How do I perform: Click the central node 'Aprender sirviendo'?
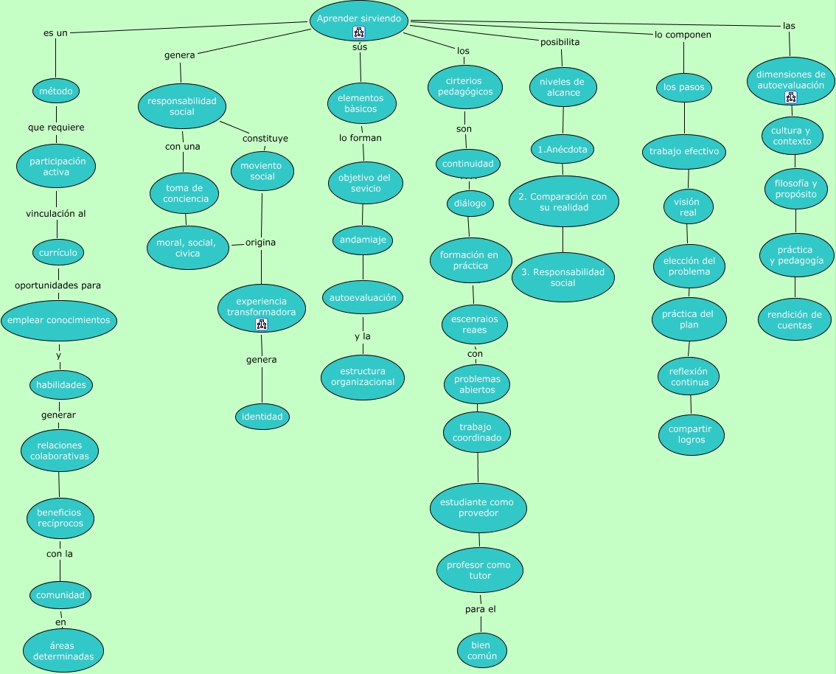tap(359, 18)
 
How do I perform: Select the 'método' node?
tap(56, 91)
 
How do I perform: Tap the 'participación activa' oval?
tap(57, 167)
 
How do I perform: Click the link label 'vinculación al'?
tap(56, 214)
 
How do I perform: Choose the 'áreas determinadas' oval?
tap(63, 650)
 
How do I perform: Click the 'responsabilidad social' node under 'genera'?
tap(181, 106)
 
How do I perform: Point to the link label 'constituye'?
tap(265, 138)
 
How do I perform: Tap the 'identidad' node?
tap(262, 417)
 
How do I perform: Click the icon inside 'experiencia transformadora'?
tap(262, 324)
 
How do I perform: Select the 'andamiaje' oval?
tap(363, 240)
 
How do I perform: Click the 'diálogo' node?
tap(470, 204)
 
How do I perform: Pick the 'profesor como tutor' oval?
tap(479, 570)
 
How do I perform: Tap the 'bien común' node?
tap(482, 650)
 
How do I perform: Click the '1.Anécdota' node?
tap(562, 149)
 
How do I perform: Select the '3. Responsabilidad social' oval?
tap(562, 277)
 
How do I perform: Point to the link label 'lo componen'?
tap(683, 35)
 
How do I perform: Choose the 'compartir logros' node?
tap(691, 434)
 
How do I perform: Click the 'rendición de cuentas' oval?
tap(794, 320)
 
